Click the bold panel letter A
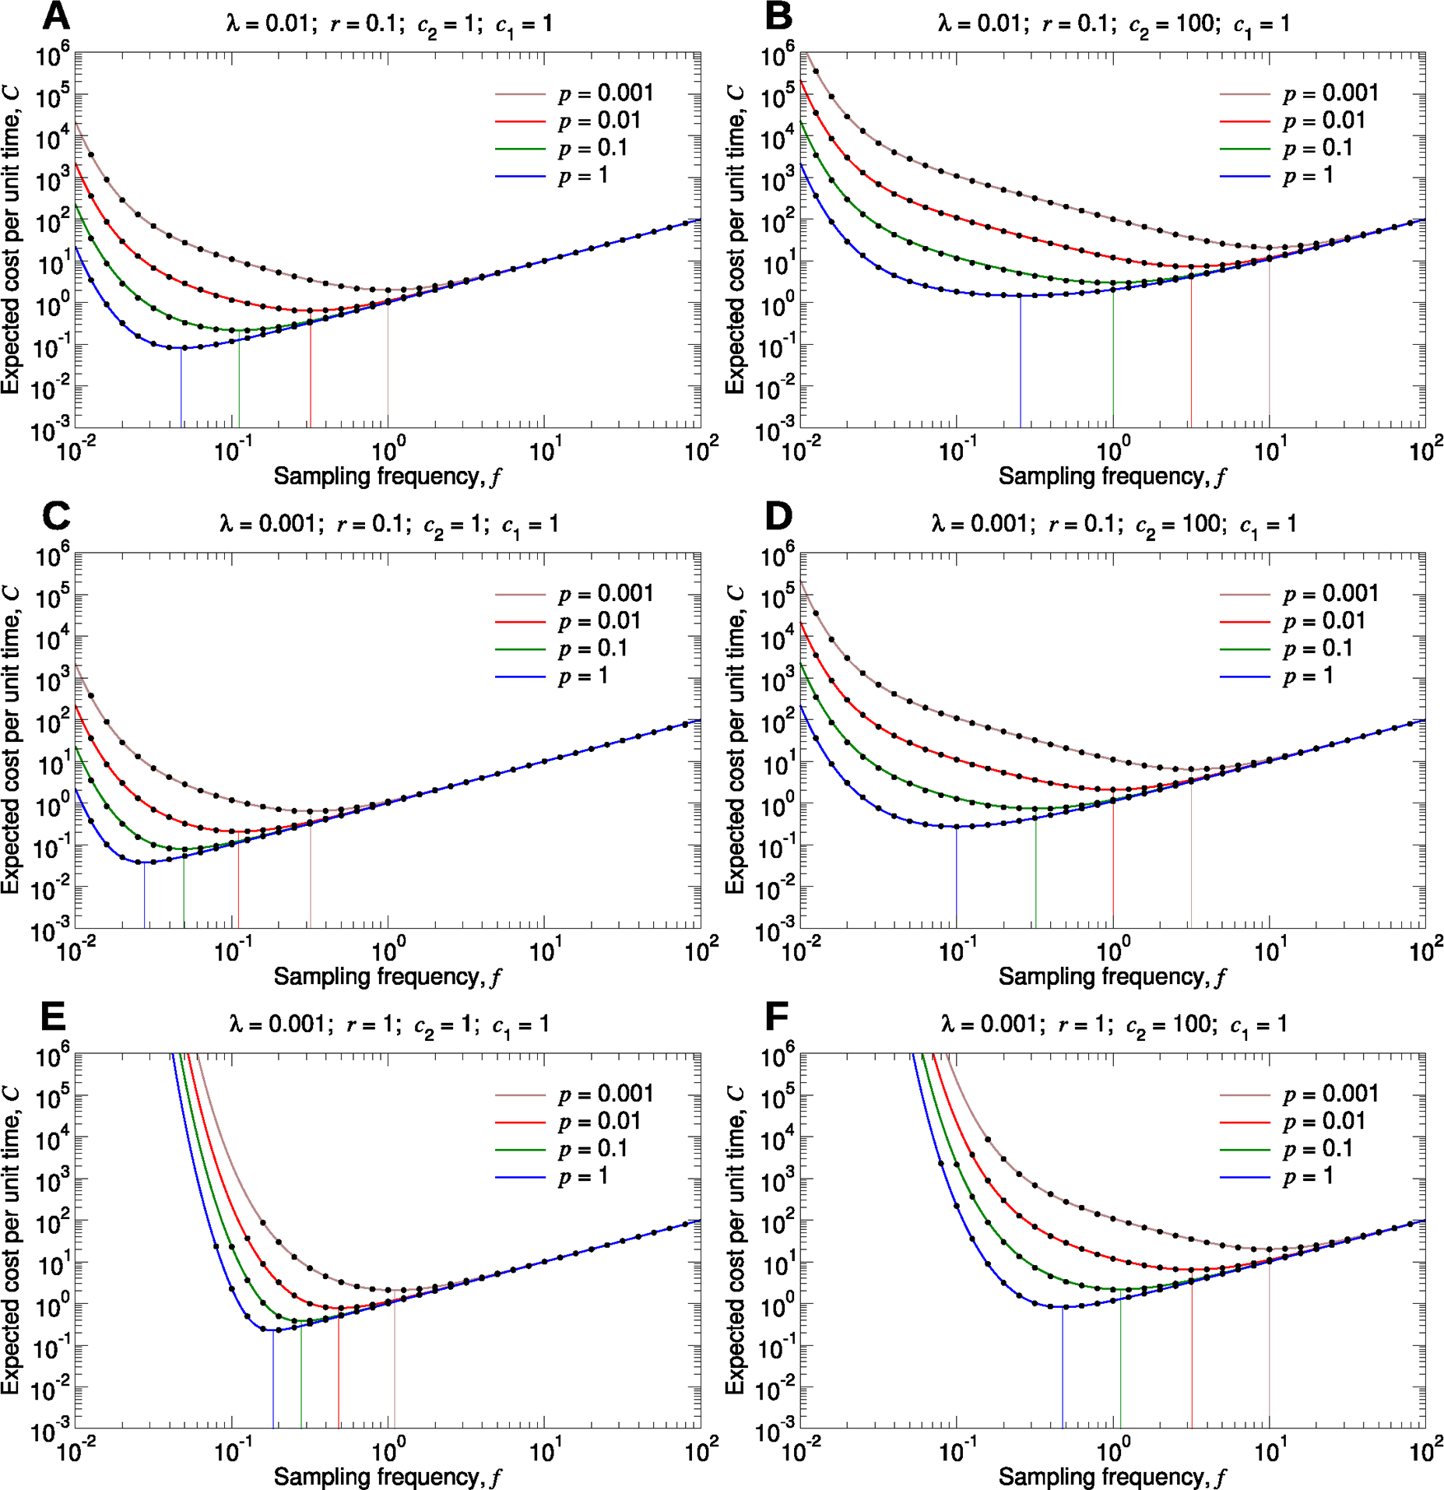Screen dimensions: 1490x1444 tap(56, 16)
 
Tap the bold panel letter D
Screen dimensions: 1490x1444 tap(779, 516)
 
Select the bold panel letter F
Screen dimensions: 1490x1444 tap(778, 1017)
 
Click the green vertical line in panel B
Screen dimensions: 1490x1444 tap(1113, 358)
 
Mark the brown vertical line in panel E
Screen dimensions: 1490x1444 tap(395, 1370)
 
